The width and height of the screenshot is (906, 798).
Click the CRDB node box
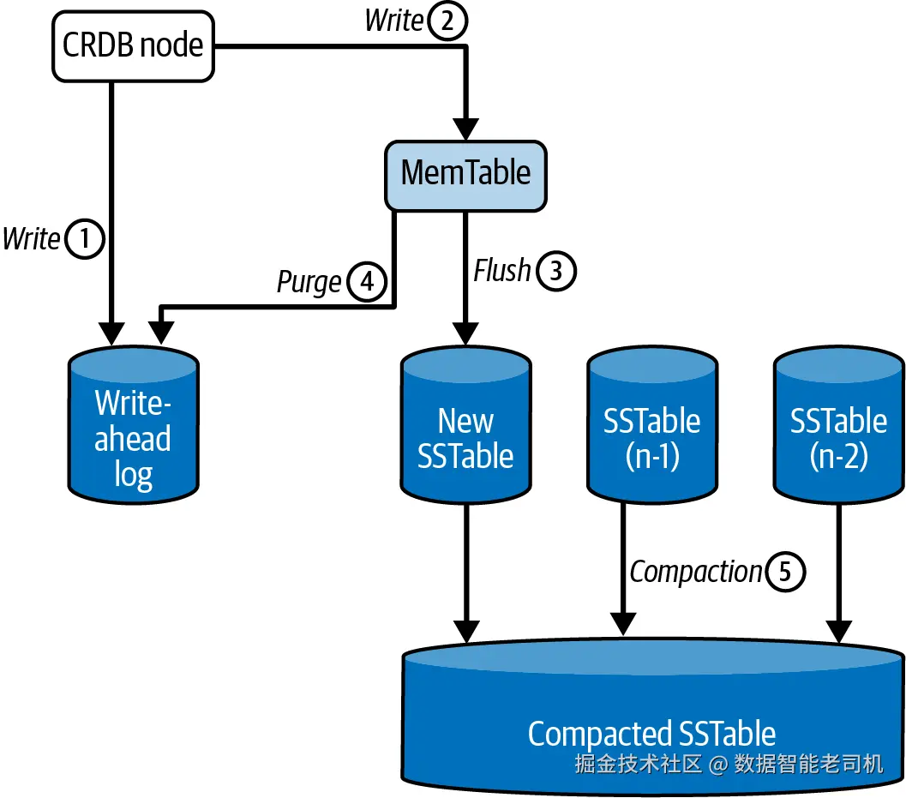[x=134, y=45]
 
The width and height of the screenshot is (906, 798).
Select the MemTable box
[x=465, y=175]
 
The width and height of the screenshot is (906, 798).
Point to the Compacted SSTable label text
[x=651, y=735]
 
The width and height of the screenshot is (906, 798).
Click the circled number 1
[x=84, y=240]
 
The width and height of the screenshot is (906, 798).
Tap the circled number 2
[x=447, y=21]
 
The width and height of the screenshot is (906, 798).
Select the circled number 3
[x=555, y=272]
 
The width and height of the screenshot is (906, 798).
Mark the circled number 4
[x=366, y=282]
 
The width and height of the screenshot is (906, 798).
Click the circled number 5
[x=785, y=572]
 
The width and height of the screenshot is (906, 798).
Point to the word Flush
[x=502, y=271]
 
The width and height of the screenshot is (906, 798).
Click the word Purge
[x=309, y=282]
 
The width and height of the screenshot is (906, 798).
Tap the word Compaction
[x=695, y=572]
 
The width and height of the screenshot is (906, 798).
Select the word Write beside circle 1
[x=32, y=240]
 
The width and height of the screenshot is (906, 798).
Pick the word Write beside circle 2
[x=394, y=21]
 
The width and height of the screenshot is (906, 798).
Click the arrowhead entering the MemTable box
[x=465, y=130]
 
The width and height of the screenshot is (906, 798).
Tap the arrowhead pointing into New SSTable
[x=465, y=334]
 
